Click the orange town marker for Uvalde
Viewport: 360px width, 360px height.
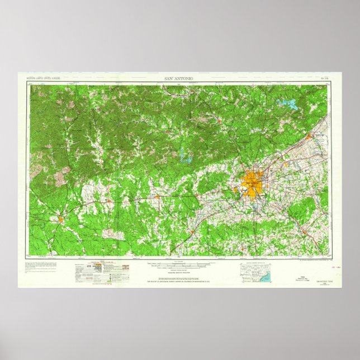60,219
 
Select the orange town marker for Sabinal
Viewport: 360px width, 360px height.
110,200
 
